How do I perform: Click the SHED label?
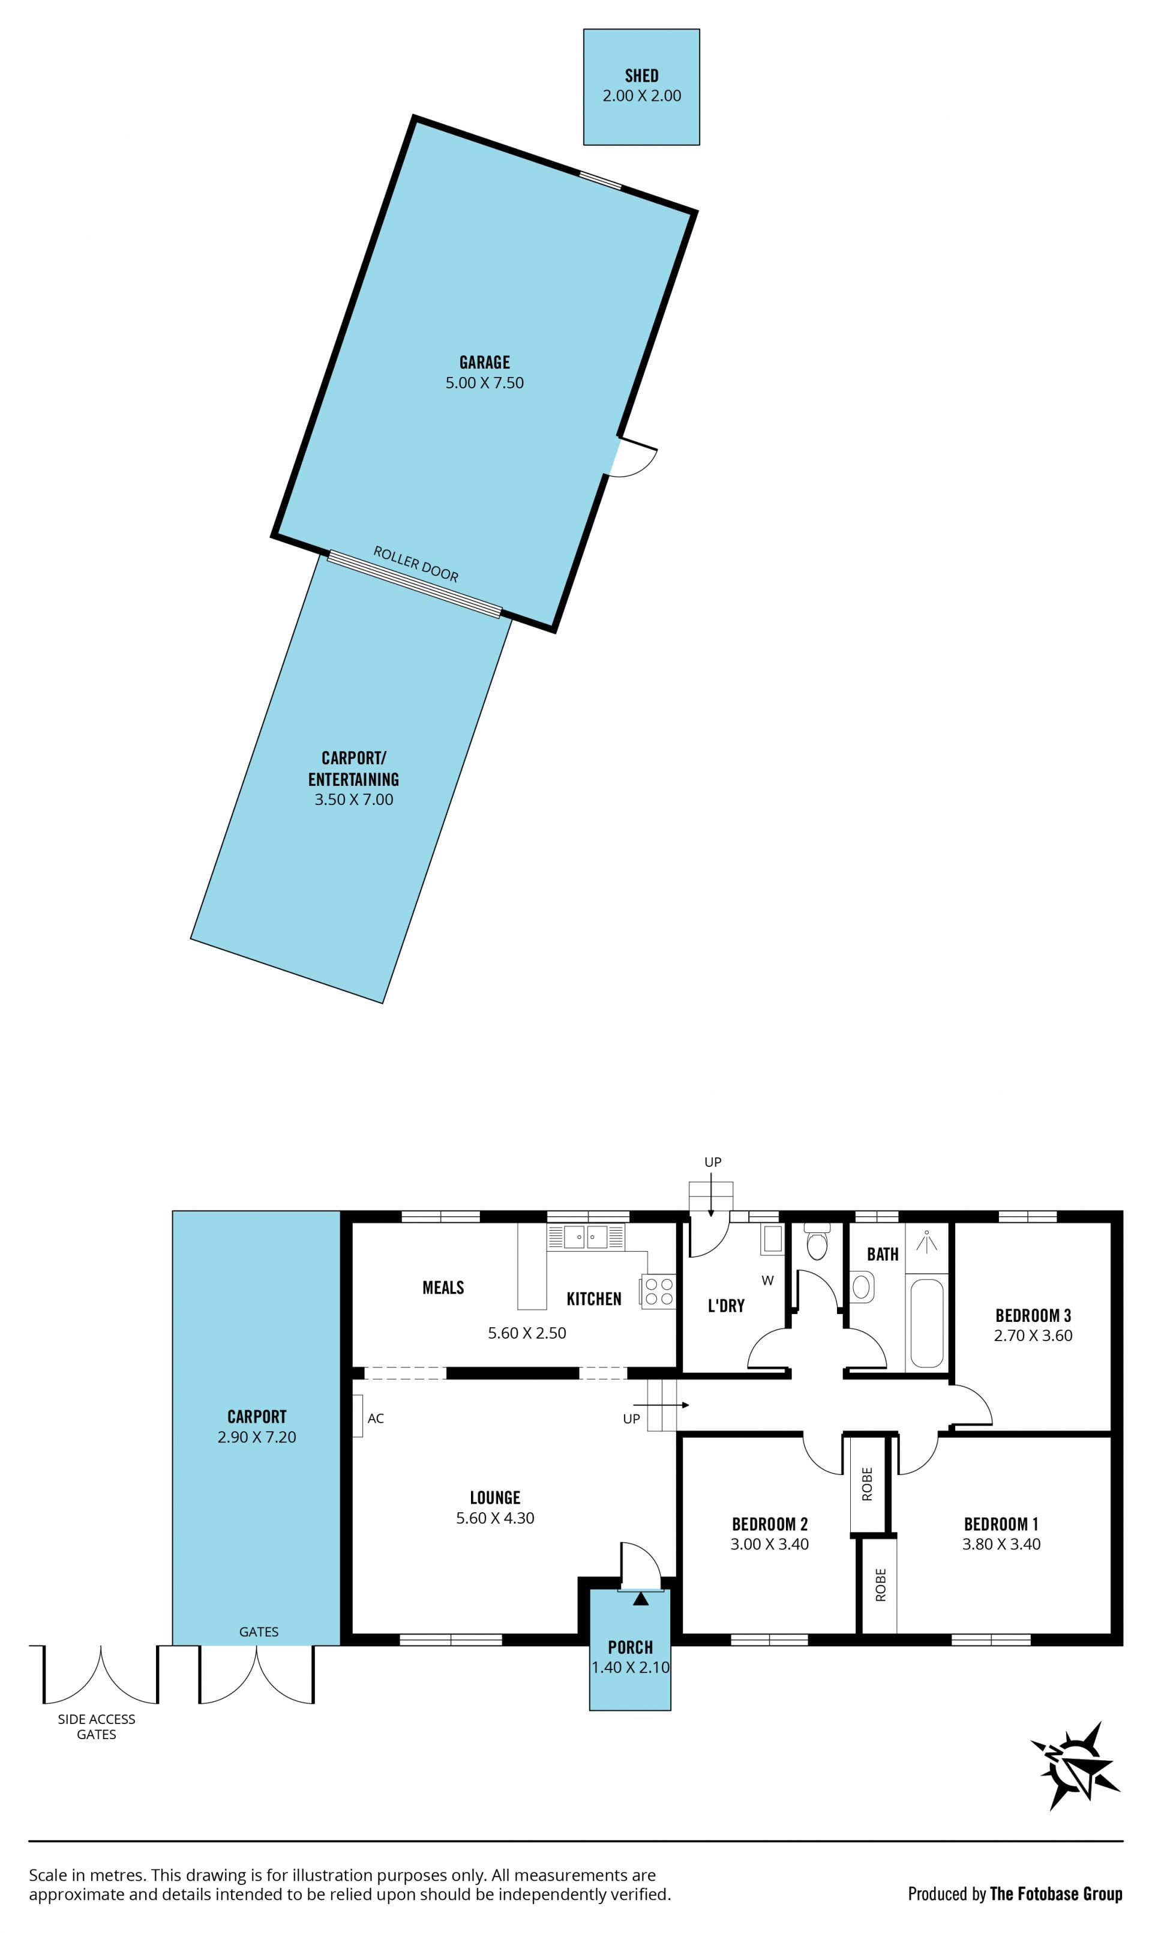click(641, 75)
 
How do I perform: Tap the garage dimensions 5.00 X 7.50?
click(484, 383)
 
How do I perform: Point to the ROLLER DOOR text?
click(416, 564)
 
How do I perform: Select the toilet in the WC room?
click(817, 1242)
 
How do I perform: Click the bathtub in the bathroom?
click(927, 1322)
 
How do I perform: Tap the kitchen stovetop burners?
click(658, 1291)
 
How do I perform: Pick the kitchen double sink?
click(586, 1237)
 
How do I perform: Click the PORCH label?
click(631, 1647)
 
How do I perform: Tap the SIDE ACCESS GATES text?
click(96, 1726)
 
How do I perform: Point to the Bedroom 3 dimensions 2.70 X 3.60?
click(1033, 1336)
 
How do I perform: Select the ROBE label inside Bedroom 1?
click(880, 1584)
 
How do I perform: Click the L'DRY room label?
click(726, 1306)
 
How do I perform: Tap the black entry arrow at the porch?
click(640, 1599)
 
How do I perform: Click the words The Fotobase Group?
click(1056, 1893)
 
